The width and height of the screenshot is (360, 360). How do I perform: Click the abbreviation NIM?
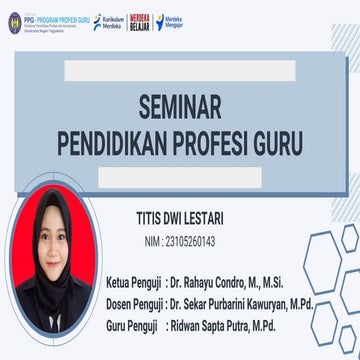click(153, 241)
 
